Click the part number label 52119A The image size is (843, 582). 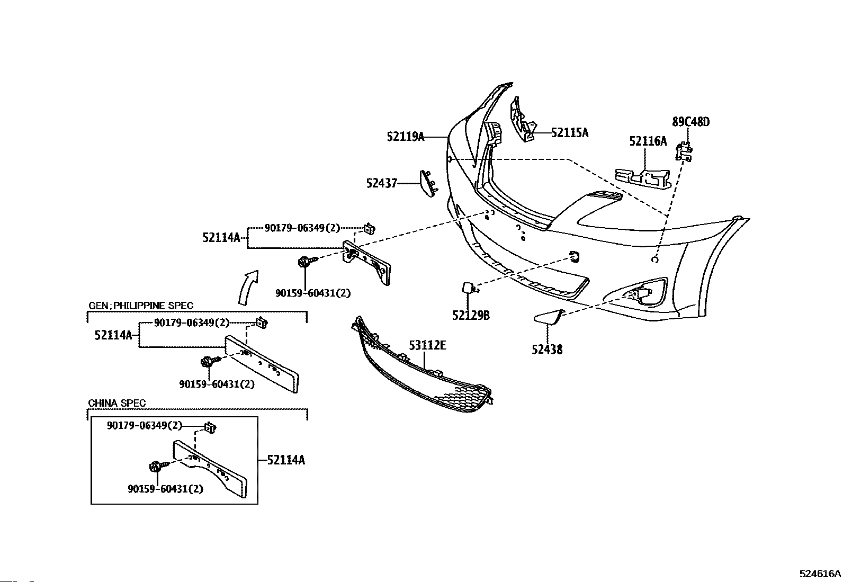(x=406, y=136)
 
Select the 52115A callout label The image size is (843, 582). (x=570, y=133)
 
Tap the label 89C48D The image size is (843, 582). (x=691, y=122)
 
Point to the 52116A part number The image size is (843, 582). (x=648, y=141)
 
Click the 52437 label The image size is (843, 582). (x=382, y=183)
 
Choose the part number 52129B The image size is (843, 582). (x=471, y=315)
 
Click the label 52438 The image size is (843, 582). (x=547, y=350)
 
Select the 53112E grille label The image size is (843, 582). (x=427, y=345)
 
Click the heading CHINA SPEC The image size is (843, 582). (x=116, y=403)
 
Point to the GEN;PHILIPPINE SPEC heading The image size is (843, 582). (x=141, y=306)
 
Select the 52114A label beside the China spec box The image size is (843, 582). (x=286, y=460)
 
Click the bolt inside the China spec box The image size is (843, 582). (x=157, y=467)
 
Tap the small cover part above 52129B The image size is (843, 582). (x=468, y=288)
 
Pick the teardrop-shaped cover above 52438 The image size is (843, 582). (x=550, y=316)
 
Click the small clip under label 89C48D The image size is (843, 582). (x=684, y=151)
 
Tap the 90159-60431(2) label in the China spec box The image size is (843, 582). (x=166, y=489)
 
